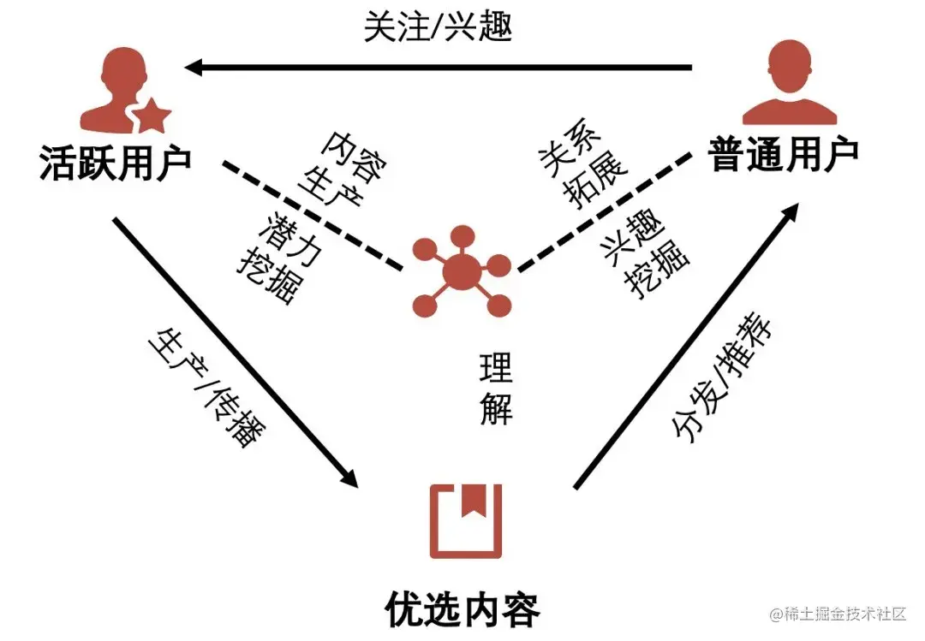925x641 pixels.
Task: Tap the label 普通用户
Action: coord(785,154)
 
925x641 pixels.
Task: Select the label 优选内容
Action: coord(462,609)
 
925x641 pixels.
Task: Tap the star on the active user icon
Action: coord(152,115)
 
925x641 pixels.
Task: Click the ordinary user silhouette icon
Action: coord(788,86)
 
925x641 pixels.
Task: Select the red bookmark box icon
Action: coord(466,519)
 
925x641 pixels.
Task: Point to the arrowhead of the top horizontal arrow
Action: coord(195,67)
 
